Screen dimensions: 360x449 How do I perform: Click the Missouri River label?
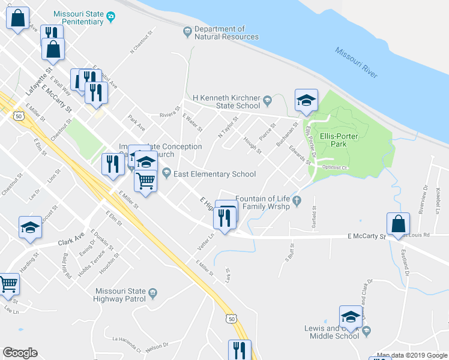[357, 62]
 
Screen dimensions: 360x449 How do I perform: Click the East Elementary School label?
[214, 174]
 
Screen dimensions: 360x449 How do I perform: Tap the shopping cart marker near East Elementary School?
[145, 180]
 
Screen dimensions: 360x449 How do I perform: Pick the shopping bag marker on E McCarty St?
[398, 225]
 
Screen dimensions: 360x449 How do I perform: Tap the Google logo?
[20, 353]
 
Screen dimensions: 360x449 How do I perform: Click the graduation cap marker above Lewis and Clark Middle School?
[351, 317]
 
